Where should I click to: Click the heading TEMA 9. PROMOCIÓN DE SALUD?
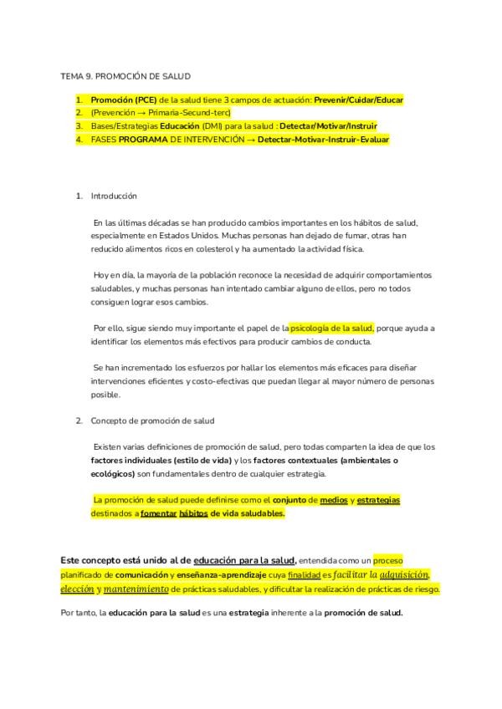[125, 76]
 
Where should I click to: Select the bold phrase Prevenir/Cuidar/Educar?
[358, 99]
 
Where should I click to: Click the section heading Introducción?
[114, 196]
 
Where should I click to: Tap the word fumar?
[330, 236]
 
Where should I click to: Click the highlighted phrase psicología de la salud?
[331, 329]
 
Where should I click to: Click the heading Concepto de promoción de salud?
[153, 421]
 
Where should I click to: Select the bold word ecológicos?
[112, 473]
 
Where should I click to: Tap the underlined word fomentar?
[158, 513]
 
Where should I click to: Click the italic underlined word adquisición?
[404, 574]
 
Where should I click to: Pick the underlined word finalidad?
[303, 575]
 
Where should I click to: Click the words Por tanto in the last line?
[78, 613]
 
